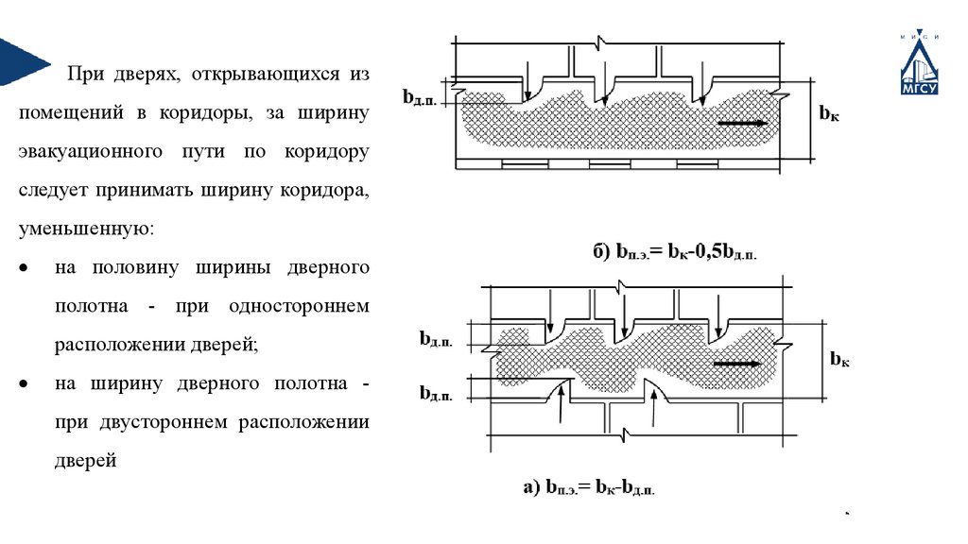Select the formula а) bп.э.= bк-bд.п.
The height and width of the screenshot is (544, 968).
(x=588, y=487)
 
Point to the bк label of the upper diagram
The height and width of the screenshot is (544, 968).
(x=829, y=113)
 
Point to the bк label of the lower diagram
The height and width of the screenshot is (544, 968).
(x=839, y=358)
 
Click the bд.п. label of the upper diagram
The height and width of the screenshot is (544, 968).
(x=419, y=97)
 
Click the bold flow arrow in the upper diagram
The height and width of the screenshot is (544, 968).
(x=740, y=122)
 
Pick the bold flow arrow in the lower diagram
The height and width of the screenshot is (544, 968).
(x=737, y=364)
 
